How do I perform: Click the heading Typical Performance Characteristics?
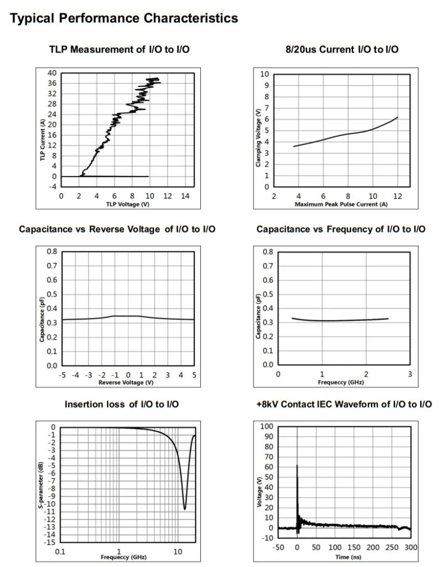click(124, 18)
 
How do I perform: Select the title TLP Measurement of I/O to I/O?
click(120, 50)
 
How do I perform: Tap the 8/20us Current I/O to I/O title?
click(338, 50)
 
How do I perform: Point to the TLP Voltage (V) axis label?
click(127, 204)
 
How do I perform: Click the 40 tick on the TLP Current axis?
click(52, 73)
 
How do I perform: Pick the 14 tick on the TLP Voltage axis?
click(185, 196)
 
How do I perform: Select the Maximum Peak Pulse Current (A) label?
click(340, 204)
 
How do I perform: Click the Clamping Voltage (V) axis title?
click(259, 138)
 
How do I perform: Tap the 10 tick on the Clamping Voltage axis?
click(265, 74)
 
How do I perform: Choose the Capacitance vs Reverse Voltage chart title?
click(117, 229)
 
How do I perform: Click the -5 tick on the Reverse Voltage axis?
click(63, 375)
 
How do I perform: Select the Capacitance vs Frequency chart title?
click(341, 229)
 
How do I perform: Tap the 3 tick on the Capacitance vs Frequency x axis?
click(410, 375)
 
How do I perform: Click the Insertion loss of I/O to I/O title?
click(121, 404)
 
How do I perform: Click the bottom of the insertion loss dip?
click(185, 509)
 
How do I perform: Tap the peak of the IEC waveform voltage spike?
click(297, 465)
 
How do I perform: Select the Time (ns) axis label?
click(342, 556)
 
